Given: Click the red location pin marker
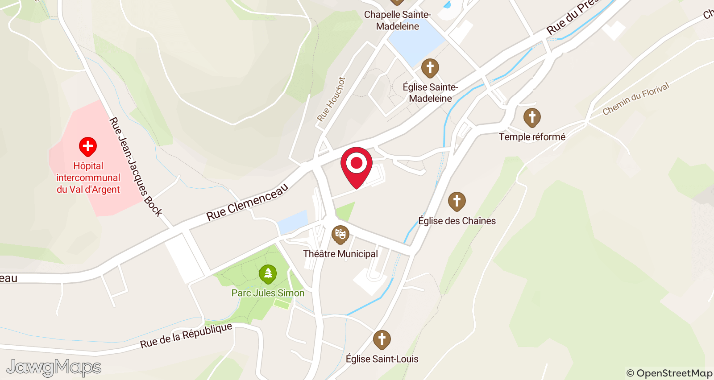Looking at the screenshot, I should pos(357,164).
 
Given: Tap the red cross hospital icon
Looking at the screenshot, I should pos(88,146).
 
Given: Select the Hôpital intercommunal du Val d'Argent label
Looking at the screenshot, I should pos(88,178).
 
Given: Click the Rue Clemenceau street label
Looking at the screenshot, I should pos(247,202).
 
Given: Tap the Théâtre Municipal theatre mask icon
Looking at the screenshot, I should pos(340,234).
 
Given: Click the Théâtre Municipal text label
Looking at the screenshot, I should pos(340,254).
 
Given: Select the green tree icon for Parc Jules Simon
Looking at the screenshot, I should pos(268,273).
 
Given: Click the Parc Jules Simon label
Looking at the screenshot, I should pos(268,293).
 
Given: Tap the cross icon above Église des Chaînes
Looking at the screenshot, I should pos(457,201).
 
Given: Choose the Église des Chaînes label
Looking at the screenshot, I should pos(457,221).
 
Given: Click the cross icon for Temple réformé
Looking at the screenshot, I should pos(532,117).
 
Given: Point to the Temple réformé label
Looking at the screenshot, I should pos(532,137).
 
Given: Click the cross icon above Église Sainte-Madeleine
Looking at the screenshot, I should pos(430,68).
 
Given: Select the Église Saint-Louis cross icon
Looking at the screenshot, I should pos(382,339).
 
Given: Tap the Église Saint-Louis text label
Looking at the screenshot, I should pos(382,359).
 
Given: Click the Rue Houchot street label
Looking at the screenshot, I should pos(331,99).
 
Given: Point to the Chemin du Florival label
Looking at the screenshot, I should pos(635,99).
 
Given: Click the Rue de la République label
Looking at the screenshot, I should pos(186,335).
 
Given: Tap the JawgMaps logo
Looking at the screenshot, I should pos(54,368).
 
